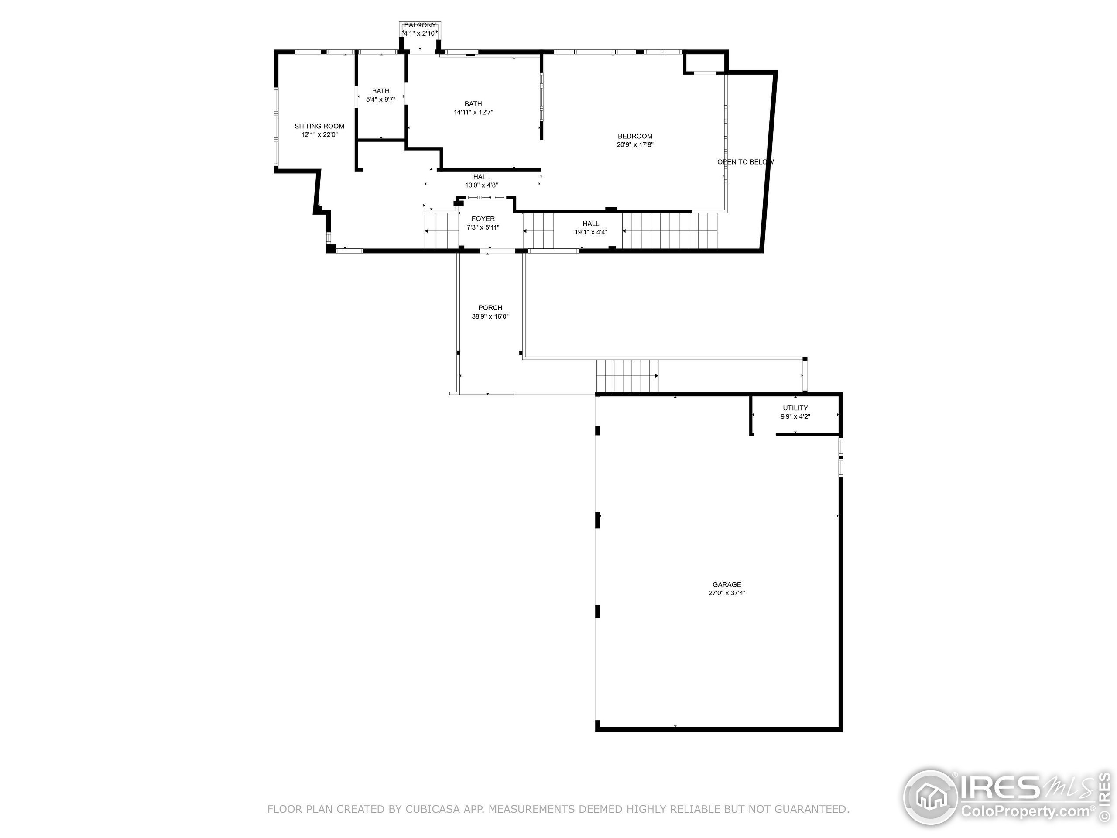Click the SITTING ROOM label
(x=319, y=126)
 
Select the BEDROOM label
(x=635, y=136)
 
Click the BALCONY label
(x=420, y=25)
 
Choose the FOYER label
(x=483, y=219)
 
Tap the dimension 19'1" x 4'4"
(x=591, y=232)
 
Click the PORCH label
(x=490, y=308)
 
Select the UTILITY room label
(x=795, y=408)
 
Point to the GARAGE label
(x=726, y=584)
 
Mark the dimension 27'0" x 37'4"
(x=726, y=593)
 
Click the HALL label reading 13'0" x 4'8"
(x=481, y=177)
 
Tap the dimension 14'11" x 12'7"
(x=473, y=113)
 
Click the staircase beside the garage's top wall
(x=627, y=376)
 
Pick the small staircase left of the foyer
(x=441, y=231)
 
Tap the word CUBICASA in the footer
(x=432, y=809)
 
